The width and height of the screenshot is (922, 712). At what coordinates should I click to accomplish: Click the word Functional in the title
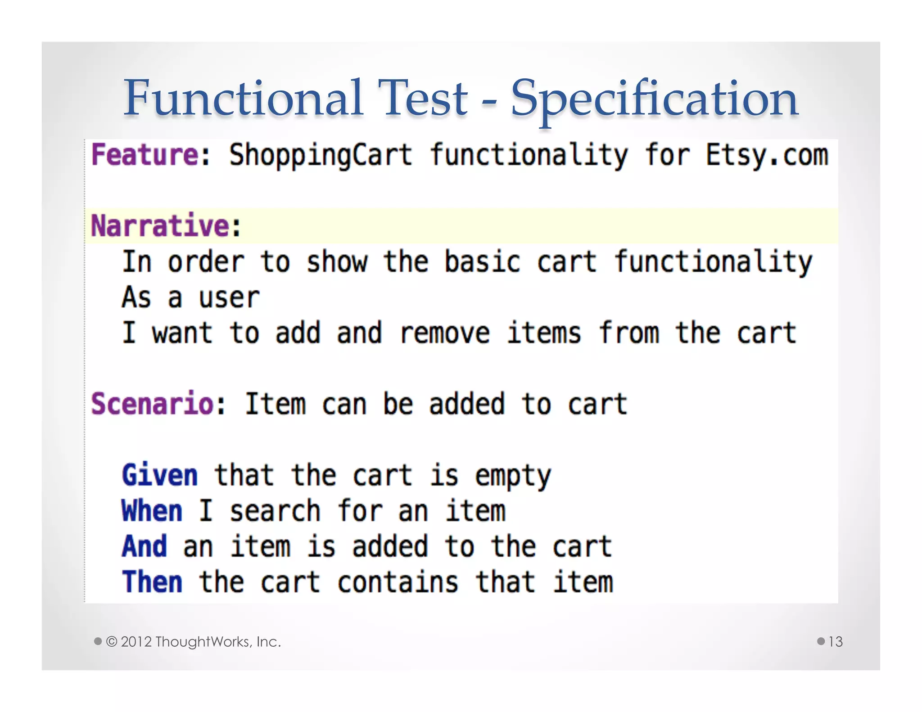243,98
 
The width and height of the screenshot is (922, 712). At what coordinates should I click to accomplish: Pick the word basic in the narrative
482,262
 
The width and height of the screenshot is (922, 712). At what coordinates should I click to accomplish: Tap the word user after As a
229,298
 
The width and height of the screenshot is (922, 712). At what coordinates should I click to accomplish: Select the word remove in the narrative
444,333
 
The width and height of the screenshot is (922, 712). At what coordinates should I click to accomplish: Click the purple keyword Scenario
152,404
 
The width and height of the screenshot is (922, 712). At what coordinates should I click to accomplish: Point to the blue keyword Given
160,475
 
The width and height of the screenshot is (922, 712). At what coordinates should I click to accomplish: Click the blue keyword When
152,511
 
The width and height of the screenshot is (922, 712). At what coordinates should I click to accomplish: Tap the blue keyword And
145,547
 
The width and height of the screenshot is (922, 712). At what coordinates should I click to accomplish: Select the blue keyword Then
152,582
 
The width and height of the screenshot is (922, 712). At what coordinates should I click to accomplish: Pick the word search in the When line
275,511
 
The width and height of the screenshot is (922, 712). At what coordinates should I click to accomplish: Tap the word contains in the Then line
398,582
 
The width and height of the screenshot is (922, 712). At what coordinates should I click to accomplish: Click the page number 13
835,642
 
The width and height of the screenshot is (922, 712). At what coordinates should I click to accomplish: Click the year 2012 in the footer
136,642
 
